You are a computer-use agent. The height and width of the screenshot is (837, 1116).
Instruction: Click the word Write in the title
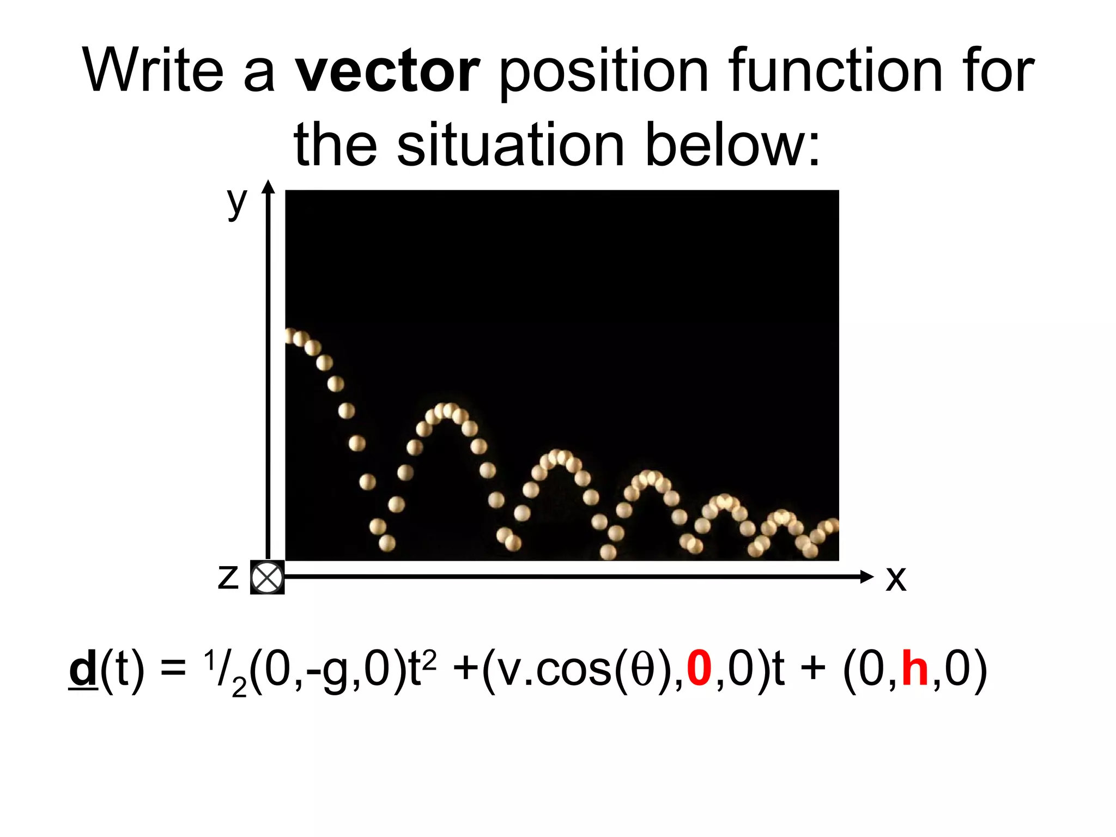[153, 71]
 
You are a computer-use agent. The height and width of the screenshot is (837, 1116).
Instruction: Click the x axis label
[895, 579]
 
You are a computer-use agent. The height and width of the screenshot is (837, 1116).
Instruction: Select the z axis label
[228, 577]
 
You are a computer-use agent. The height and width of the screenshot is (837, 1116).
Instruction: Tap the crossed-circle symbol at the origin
[267, 577]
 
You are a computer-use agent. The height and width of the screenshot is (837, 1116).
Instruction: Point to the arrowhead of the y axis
[268, 187]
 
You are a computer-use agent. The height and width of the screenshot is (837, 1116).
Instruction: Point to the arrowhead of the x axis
[866, 577]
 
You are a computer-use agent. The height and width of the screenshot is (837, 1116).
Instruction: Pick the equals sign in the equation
[173, 670]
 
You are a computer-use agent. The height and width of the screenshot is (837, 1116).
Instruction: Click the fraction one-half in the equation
[224, 671]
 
